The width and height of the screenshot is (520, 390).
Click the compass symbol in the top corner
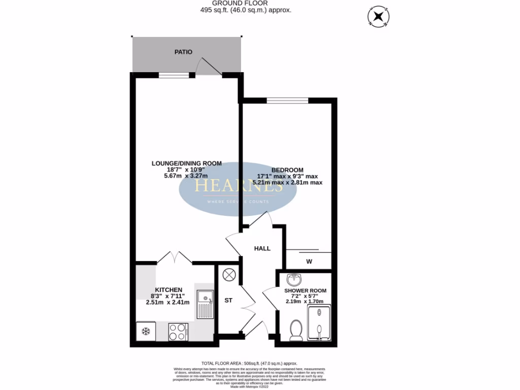pos(377,18)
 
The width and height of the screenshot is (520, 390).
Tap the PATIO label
pos(183,52)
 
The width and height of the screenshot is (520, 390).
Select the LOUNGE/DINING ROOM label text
pos(187,163)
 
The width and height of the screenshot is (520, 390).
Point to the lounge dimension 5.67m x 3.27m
pos(187,176)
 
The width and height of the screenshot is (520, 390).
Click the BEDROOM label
pos(287,170)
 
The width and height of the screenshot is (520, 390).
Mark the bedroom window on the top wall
pos(287,101)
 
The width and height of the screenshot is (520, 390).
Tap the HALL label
pos(262,248)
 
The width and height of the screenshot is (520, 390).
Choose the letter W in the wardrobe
pos(309,262)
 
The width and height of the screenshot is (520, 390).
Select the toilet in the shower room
pos(295,330)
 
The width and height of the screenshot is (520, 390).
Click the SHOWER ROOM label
pos(305,290)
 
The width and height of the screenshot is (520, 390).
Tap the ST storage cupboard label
pos(229,300)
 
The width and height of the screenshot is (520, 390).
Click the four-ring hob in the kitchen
pos(178,332)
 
